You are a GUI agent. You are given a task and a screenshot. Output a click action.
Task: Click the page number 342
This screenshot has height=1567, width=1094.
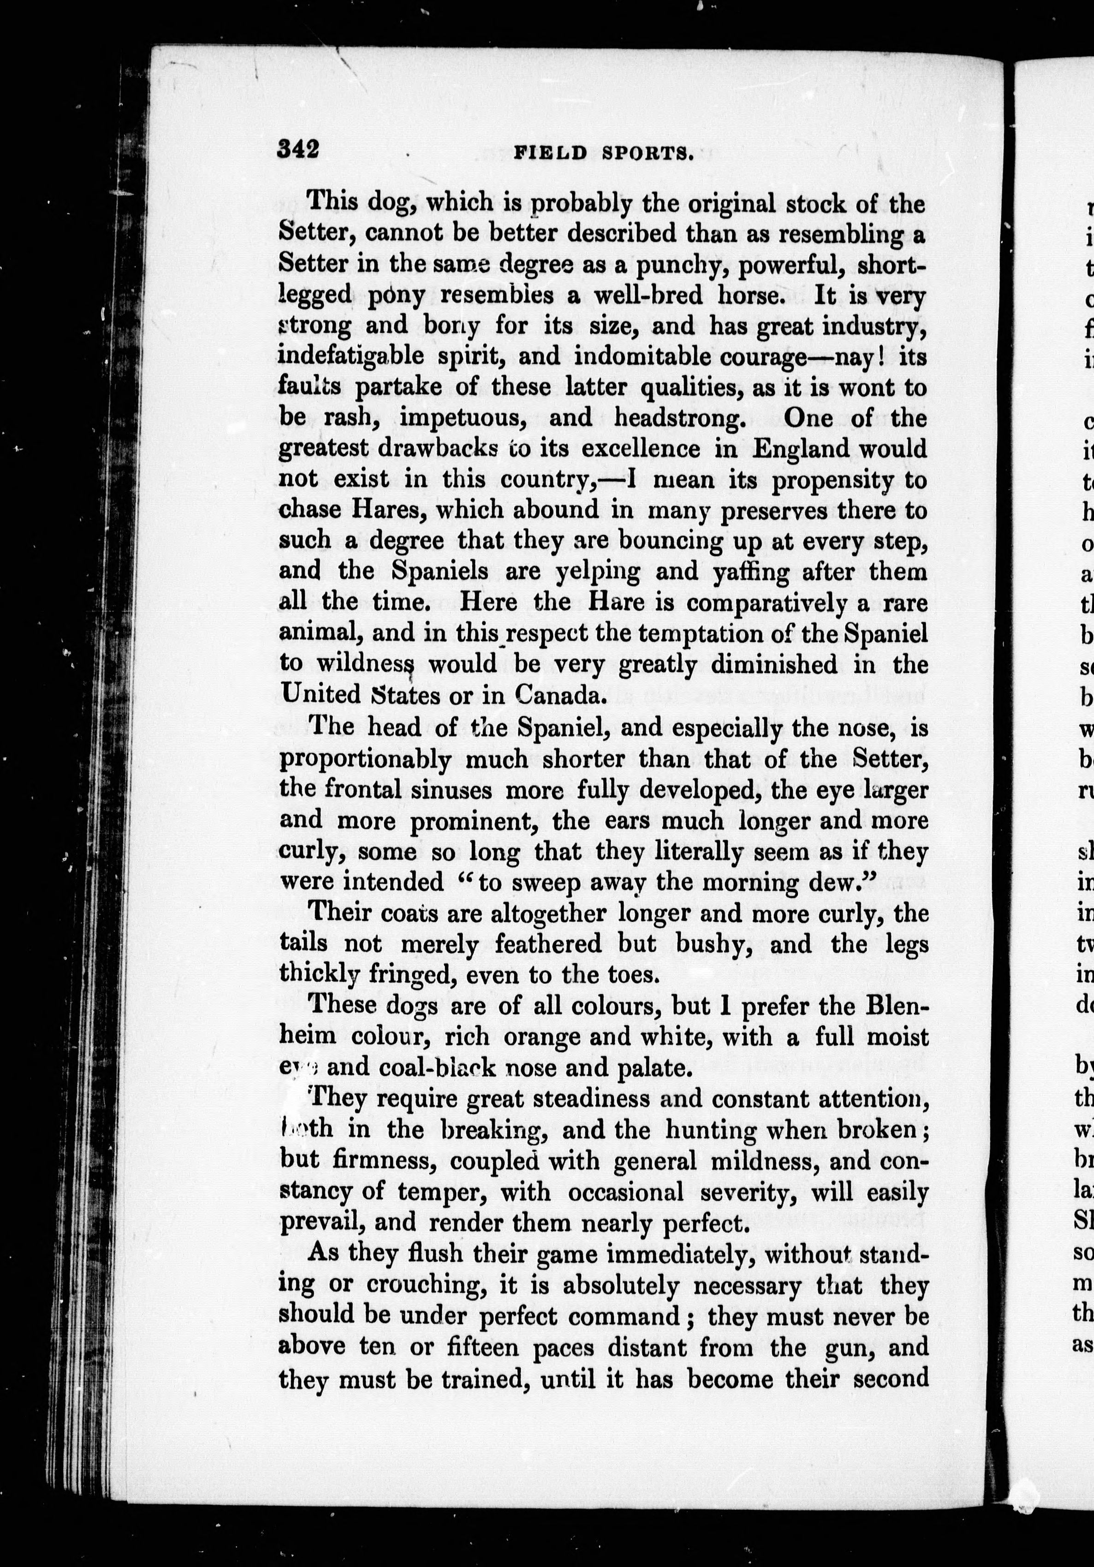point(298,149)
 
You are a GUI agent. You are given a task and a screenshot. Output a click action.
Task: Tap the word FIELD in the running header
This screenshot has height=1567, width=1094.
point(550,153)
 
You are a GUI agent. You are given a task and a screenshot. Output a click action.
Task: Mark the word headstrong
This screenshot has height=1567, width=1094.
point(678,417)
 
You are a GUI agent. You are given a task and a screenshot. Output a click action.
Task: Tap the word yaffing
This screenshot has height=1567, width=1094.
point(746,571)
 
